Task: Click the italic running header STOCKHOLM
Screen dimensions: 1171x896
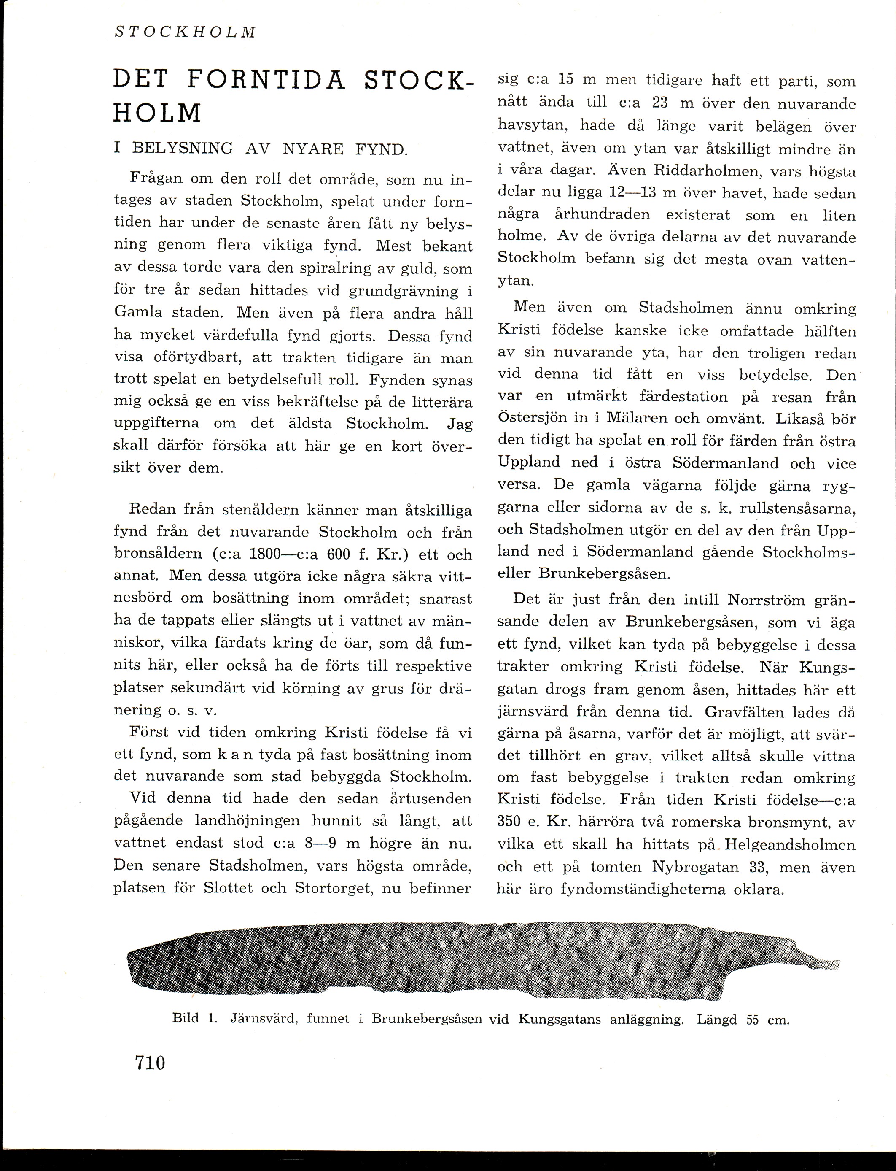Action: (185, 32)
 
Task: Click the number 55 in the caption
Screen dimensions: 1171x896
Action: (752, 1019)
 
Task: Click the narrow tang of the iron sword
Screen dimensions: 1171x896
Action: (816, 963)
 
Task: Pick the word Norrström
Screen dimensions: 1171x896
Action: (766, 600)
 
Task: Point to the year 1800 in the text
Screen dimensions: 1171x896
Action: (265, 554)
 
